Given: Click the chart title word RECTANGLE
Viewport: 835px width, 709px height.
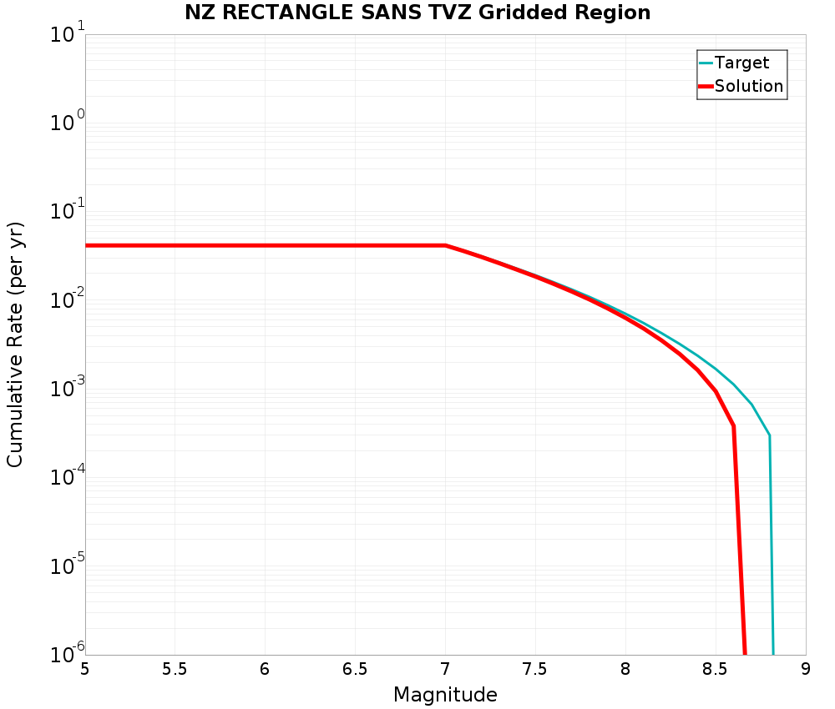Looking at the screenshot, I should pyautogui.click(x=288, y=13).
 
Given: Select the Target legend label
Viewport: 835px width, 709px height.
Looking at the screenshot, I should pyautogui.click(x=741, y=63).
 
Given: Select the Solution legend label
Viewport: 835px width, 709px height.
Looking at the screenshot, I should pyautogui.click(x=749, y=86).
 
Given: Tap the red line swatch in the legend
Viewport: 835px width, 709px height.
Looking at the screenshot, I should pyautogui.click(x=706, y=86).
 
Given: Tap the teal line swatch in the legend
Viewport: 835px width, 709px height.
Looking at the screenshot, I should pyautogui.click(x=706, y=63).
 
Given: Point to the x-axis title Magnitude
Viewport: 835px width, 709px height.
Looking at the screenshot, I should pyautogui.click(x=445, y=695).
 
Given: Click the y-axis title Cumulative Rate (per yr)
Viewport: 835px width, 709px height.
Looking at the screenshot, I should pyautogui.click(x=15, y=344).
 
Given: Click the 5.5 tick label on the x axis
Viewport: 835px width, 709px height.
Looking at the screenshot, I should pyautogui.click(x=175, y=670).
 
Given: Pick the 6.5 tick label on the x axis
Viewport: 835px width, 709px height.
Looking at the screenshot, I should pyautogui.click(x=355, y=670).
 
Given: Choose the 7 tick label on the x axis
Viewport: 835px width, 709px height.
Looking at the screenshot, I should pyautogui.click(x=445, y=670).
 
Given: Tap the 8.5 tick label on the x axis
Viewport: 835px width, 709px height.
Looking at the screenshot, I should pyautogui.click(x=716, y=670).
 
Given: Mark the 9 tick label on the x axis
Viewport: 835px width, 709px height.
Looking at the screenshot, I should pyautogui.click(x=806, y=670).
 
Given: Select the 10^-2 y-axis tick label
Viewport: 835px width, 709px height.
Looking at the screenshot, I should pyautogui.click(x=65, y=302).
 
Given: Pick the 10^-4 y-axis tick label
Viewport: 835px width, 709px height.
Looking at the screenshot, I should pyautogui.click(x=65, y=479).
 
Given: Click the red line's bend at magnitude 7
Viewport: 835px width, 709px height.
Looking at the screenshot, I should pyautogui.click(x=445, y=245).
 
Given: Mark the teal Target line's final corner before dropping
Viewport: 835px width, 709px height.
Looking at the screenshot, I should pyautogui.click(x=769, y=435).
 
